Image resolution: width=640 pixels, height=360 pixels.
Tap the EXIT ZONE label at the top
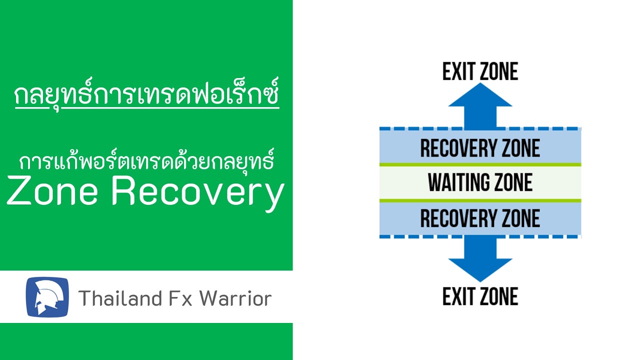(480, 71)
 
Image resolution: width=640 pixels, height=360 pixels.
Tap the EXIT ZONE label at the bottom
(480, 296)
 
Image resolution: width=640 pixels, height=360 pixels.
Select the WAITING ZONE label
(480, 182)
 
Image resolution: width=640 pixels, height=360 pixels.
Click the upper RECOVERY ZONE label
(480, 148)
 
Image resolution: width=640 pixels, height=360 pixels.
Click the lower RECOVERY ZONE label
(480, 218)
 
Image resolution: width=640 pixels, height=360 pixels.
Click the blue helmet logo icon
(47, 296)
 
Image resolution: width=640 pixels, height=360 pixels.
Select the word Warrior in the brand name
(235, 298)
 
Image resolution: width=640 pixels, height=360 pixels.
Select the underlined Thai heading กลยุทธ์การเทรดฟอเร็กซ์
(146, 96)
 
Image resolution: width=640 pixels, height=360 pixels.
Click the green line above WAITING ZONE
(480, 164)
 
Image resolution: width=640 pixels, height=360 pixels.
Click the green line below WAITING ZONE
(480, 200)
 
